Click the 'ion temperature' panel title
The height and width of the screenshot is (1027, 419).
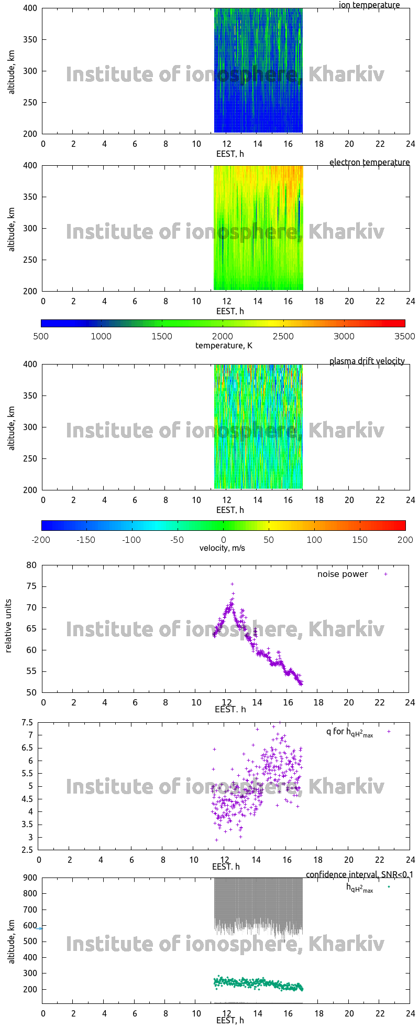(x=369, y=5)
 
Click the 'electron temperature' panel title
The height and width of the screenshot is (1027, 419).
(x=369, y=162)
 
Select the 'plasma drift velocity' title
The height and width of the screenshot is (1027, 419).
(x=367, y=361)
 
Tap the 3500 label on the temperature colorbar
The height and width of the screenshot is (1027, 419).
(x=404, y=336)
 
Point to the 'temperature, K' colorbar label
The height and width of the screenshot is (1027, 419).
(x=224, y=345)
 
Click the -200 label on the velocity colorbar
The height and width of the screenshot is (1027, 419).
(x=41, y=540)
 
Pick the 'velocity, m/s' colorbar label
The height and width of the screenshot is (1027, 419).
(x=222, y=548)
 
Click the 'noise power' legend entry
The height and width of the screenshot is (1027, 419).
(x=343, y=574)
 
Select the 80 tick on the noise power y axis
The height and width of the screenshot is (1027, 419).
(x=31, y=565)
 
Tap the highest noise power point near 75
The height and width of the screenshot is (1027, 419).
(x=232, y=584)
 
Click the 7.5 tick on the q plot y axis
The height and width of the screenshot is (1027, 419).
(x=27, y=722)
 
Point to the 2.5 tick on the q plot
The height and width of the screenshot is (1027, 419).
(x=27, y=850)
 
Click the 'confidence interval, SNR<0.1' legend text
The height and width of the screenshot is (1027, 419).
(x=359, y=874)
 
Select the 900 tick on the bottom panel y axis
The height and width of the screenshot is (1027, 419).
(x=30, y=878)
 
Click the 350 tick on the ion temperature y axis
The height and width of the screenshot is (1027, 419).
(x=30, y=39)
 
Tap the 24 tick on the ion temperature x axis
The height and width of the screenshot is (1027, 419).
(x=410, y=144)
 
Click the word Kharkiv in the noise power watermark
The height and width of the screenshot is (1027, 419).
(x=346, y=629)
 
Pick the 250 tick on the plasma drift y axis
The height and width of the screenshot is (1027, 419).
(x=30, y=458)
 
